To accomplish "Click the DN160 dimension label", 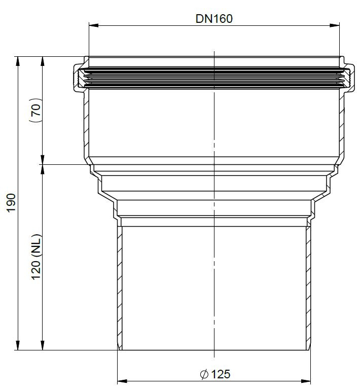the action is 214,19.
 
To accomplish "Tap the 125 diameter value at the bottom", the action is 221,374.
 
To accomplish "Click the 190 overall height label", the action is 11,203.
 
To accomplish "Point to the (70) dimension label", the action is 37,110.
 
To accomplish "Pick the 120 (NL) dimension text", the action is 37,257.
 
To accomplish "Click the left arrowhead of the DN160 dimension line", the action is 94,25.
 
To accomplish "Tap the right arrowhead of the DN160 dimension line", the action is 335,25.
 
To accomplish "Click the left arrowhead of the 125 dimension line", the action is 122,381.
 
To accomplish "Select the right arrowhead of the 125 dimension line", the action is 306,381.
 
